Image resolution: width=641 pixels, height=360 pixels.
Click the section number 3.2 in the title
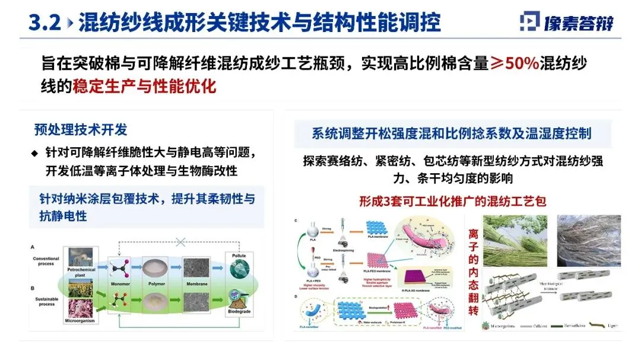pos(44,23)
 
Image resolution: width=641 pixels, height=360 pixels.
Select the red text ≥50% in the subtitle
pos(515,63)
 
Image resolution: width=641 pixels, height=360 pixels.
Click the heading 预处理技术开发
pos(80,130)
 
